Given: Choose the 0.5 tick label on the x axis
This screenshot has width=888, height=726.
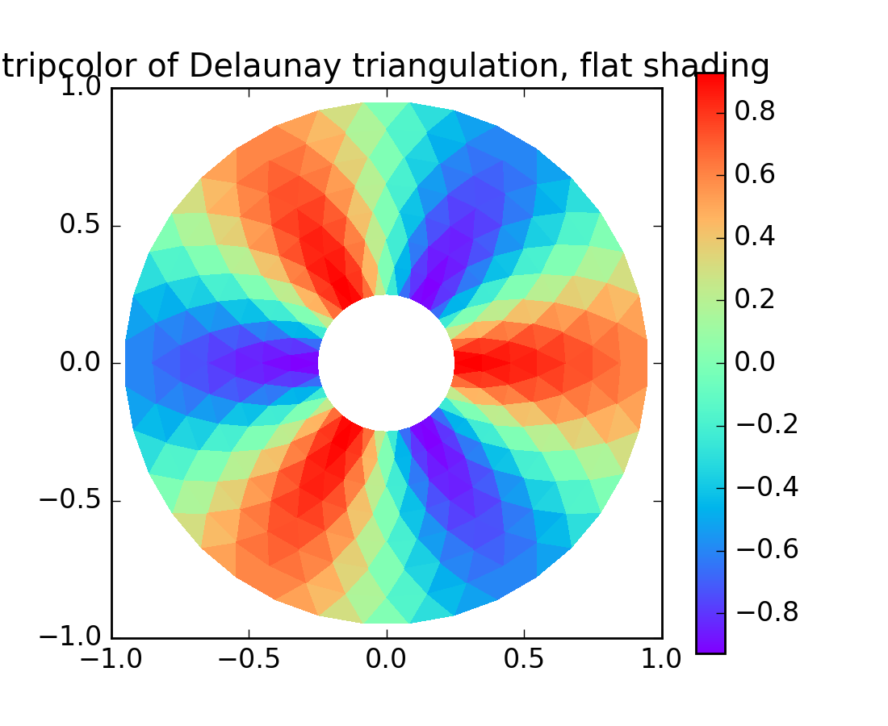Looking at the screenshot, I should coord(525,659).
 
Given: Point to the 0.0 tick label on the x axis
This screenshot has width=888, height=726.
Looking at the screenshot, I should coord(387,659).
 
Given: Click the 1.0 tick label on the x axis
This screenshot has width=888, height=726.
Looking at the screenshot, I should coord(662,659).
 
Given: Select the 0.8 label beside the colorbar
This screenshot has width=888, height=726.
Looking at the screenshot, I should coord(755,111).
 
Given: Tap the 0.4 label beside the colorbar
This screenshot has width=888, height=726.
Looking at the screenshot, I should coord(755,236).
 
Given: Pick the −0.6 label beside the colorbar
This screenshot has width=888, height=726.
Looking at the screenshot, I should coord(766,549).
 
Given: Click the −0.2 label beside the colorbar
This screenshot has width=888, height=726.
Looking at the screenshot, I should coord(766,424).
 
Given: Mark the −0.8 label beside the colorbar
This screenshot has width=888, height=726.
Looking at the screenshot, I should coord(766,612).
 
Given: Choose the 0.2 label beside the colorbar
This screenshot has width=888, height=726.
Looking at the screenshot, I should coord(755,299).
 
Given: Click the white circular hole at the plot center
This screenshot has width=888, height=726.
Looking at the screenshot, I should coord(386,363).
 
